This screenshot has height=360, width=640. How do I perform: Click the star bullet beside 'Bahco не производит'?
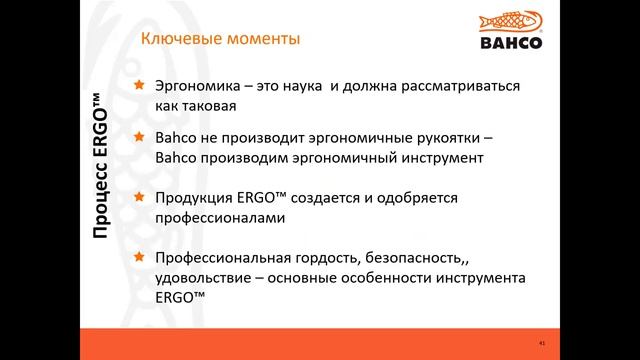click(x=139, y=139)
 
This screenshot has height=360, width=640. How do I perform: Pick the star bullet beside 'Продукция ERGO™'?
click(x=139, y=197)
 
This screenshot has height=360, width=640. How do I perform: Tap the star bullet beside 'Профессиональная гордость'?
click(x=139, y=257)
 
